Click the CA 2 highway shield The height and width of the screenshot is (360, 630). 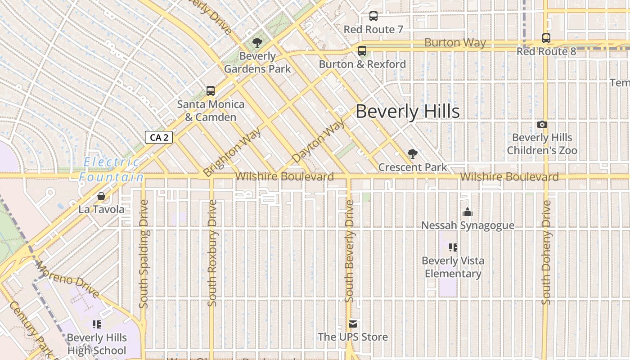159,137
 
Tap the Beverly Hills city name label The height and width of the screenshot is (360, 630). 408,112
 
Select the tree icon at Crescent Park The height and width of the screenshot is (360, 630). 412,154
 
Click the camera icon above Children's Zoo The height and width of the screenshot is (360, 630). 542,124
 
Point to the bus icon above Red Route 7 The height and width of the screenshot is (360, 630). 373,16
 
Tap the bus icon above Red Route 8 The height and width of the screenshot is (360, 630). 546,38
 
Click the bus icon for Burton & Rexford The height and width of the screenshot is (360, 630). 362,51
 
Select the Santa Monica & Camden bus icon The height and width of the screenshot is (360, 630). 210,91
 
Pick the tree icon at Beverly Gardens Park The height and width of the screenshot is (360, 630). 257,43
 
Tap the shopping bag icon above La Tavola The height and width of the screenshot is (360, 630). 101,196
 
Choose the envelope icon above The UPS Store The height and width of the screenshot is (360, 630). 352,324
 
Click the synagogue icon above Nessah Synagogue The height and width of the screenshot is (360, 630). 468,212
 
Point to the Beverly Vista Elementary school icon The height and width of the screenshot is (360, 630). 453,247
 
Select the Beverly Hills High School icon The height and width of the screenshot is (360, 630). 96,324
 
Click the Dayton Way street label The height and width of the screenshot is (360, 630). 319,141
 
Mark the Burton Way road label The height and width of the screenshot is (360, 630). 455,43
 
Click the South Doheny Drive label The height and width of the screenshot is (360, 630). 546,252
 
